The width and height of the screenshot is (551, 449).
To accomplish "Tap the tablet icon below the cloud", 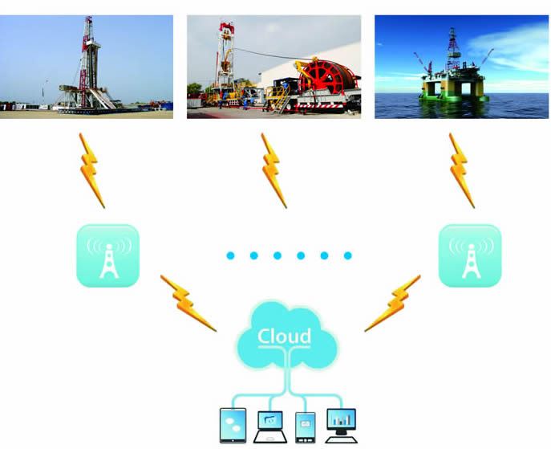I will pyautogui.click(x=232, y=425).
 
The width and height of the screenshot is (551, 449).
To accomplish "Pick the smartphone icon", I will pyautogui.click(x=305, y=426).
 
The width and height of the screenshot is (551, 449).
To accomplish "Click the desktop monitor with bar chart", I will pyautogui.click(x=341, y=424).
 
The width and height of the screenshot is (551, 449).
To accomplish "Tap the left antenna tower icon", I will pyautogui.click(x=107, y=255).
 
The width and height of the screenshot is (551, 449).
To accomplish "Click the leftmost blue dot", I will pyautogui.click(x=229, y=255).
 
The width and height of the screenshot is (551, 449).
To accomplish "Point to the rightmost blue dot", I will pyautogui.click(x=347, y=255).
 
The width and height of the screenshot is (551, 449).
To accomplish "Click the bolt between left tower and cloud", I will pyautogui.click(x=188, y=304).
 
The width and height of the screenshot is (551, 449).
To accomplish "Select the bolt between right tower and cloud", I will pyautogui.click(x=392, y=304).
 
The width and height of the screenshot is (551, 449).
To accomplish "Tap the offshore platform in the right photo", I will pyautogui.click(x=453, y=72).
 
